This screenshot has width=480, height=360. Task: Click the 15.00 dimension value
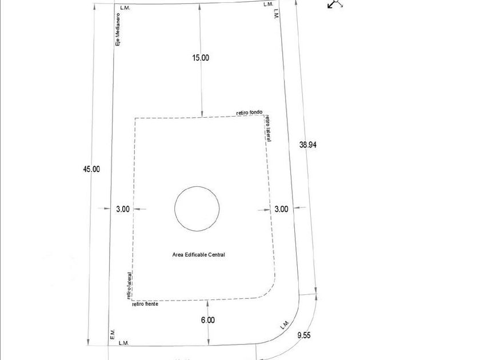click(x=201, y=58)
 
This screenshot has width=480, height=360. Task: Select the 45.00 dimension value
click(x=91, y=169)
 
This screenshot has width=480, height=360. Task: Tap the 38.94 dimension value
click(x=307, y=145)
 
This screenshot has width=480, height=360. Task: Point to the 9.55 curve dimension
click(x=303, y=335)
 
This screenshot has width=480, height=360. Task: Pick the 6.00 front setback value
click(x=208, y=320)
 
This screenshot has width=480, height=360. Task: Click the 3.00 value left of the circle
click(x=123, y=209)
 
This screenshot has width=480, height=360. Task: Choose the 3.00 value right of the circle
click(x=281, y=209)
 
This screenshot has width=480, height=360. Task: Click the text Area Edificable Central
click(x=199, y=255)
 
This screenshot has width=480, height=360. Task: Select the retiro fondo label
click(x=250, y=113)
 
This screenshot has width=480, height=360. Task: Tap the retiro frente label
click(x=145, y=304)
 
